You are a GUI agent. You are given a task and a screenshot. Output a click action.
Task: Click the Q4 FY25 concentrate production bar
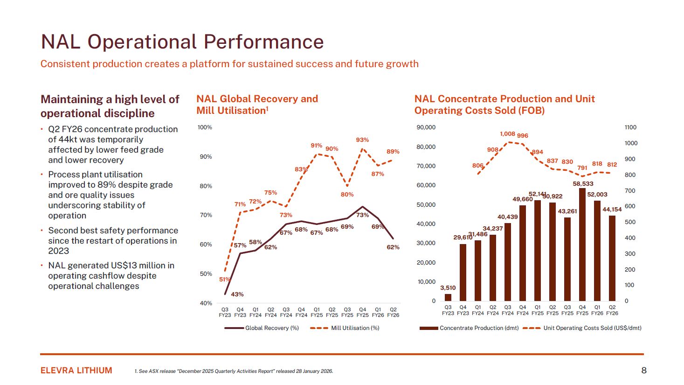click(x=582, y=245)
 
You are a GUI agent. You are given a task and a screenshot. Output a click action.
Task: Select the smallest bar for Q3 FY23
click(x=448, y=297)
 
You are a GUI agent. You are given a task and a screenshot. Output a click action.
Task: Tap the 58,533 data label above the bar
click(x=583, y=184)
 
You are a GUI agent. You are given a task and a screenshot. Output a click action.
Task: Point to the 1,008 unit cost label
click(x=507, y=134)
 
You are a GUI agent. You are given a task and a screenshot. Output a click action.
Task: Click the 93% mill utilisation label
click(x=362, y=140)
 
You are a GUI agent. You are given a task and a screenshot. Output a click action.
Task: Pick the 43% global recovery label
click(x=237, y=294)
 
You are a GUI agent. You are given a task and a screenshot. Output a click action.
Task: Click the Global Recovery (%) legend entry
click(x=262, y=328)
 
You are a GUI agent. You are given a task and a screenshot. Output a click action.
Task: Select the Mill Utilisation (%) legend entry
click(x=345, y=328)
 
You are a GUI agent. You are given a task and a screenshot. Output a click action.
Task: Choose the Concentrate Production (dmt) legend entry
click(x=469, y=328)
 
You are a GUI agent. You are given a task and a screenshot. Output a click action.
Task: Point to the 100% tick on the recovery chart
click(x=205, y=127)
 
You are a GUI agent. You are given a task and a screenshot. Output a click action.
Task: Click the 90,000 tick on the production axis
click(x=426, y=127)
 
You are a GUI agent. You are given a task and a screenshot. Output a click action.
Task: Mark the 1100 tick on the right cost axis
click(x=630, y=127)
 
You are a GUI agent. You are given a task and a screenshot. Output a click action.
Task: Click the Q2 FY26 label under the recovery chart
click(x=393, y=312)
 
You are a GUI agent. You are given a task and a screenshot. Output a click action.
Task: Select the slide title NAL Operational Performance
click(x=182, y=42)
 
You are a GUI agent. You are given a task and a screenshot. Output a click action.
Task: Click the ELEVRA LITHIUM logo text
click(x=76, y=371)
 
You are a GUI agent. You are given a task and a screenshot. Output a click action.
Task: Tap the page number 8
click(x=644, y=371)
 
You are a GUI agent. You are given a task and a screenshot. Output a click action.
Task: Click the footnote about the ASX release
click(x=234, y=371)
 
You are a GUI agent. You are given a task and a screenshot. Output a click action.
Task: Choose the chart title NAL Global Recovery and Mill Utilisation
click(x=257, y=105)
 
